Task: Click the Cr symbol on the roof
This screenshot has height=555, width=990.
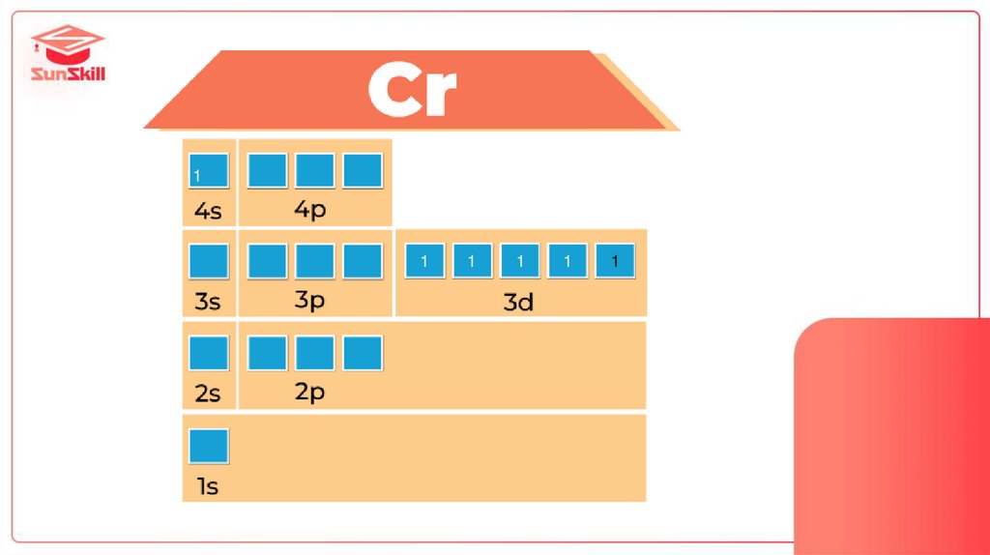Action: (x=412, y=91)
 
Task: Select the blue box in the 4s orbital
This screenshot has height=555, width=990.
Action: (x=209, y=171)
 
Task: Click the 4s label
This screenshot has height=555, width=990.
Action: (x=208, y=211)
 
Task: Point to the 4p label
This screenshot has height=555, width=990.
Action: (x=310, y=209)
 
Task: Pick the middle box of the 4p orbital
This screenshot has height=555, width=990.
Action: (x=315, y=171)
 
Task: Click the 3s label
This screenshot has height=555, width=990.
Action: (x=208, y=301)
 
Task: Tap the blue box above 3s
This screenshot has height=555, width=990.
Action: (x=209, y=262)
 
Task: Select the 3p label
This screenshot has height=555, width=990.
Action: (x=310, y=300)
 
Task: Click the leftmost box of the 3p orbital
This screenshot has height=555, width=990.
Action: (x=268, y=262)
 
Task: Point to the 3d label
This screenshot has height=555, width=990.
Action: (x=518, y=302)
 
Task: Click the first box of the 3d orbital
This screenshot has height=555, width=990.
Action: (x=424, y=261)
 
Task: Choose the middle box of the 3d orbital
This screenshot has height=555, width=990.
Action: (x=519, y=261)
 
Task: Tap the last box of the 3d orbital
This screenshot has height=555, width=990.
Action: (x=615, y=261)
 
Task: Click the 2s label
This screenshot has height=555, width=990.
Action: (x=208, y=394)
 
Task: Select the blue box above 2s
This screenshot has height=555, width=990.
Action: (x=209, y=353)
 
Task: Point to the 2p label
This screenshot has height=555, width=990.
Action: (x=310, y=392)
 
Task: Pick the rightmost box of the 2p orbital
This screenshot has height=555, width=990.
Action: (x=363, y=353)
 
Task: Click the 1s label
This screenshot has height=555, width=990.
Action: (x=208, y=486)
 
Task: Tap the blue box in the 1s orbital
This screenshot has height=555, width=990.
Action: (x=209, y=446)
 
